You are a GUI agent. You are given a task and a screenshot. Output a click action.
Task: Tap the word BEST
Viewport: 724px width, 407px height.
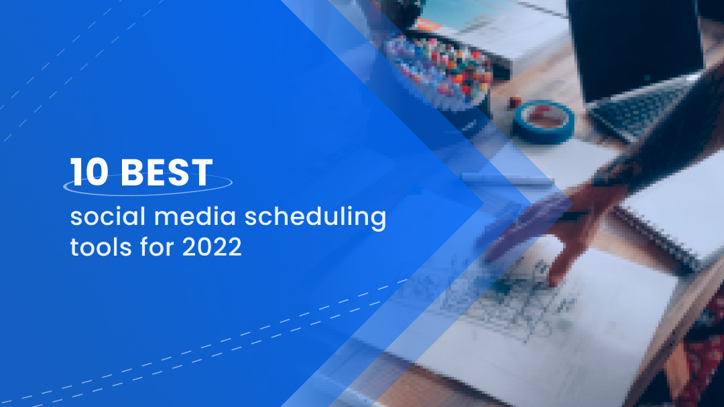167,173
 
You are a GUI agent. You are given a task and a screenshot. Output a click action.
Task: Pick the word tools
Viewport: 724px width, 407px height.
95,247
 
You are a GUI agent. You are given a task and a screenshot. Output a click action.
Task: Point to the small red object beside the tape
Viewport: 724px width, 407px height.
515,102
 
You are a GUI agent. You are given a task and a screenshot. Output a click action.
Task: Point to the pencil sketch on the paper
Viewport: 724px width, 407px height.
509,295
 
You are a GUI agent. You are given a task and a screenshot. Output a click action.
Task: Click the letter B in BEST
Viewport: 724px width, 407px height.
131,173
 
